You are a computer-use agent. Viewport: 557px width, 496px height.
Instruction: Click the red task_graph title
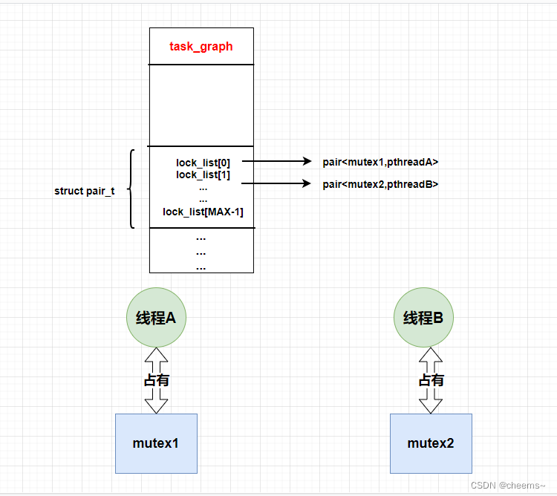[201, 46]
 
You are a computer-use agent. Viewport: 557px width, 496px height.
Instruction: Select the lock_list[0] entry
[203, 162]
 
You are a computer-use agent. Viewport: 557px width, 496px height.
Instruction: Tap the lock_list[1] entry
[203, 174]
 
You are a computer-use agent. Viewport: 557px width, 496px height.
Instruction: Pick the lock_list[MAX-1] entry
[203, 212]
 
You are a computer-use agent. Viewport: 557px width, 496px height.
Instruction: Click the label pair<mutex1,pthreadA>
[380, 162]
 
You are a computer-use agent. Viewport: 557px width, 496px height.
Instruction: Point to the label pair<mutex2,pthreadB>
[380, 184]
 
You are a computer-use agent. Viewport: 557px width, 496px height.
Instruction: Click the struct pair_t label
[84, 191]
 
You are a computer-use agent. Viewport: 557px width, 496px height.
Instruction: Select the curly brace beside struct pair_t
[131, 189]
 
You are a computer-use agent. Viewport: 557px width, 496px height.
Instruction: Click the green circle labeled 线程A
[156, 318]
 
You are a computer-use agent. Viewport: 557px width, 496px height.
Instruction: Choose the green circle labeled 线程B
[423, 318]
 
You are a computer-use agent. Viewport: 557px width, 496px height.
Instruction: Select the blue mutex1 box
[156, 443]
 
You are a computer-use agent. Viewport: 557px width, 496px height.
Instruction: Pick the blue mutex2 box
[431, 443]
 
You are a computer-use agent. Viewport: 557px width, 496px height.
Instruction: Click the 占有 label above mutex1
[156, 380]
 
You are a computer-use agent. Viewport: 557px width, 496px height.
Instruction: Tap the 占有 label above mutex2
[431, 380]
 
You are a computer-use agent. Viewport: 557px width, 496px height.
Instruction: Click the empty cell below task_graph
[201, 105]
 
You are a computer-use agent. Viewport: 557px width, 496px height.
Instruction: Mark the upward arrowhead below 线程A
[156, 356]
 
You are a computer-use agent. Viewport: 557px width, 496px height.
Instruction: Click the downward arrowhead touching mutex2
[431, 405]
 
